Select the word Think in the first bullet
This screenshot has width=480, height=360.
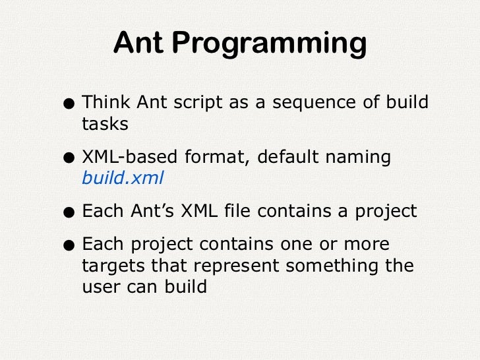pyautogui.click(x=106, y=103)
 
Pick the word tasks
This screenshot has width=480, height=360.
pyautogui.click(x=104, y=124)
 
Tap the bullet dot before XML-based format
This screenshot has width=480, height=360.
pyautogui.click(x=69, y=158)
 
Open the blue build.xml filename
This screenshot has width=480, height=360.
pyautogui.click(x=122, y=178)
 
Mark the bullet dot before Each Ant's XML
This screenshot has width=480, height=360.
pyautogui.click(x=69, y=212)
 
